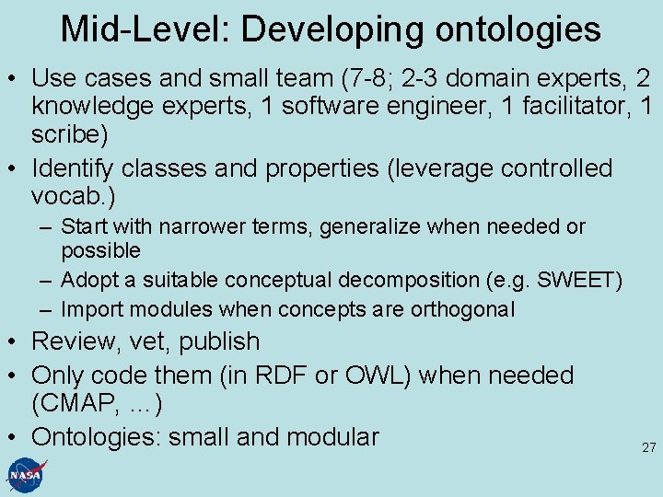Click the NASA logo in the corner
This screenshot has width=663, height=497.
(x=27, y=474)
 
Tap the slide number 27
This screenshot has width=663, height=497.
(x=648, y=448)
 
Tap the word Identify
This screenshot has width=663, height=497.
(x=71, y=168)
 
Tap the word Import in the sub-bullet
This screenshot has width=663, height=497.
(x=87, y=309)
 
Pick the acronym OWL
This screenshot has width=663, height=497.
(x=364, y=376)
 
